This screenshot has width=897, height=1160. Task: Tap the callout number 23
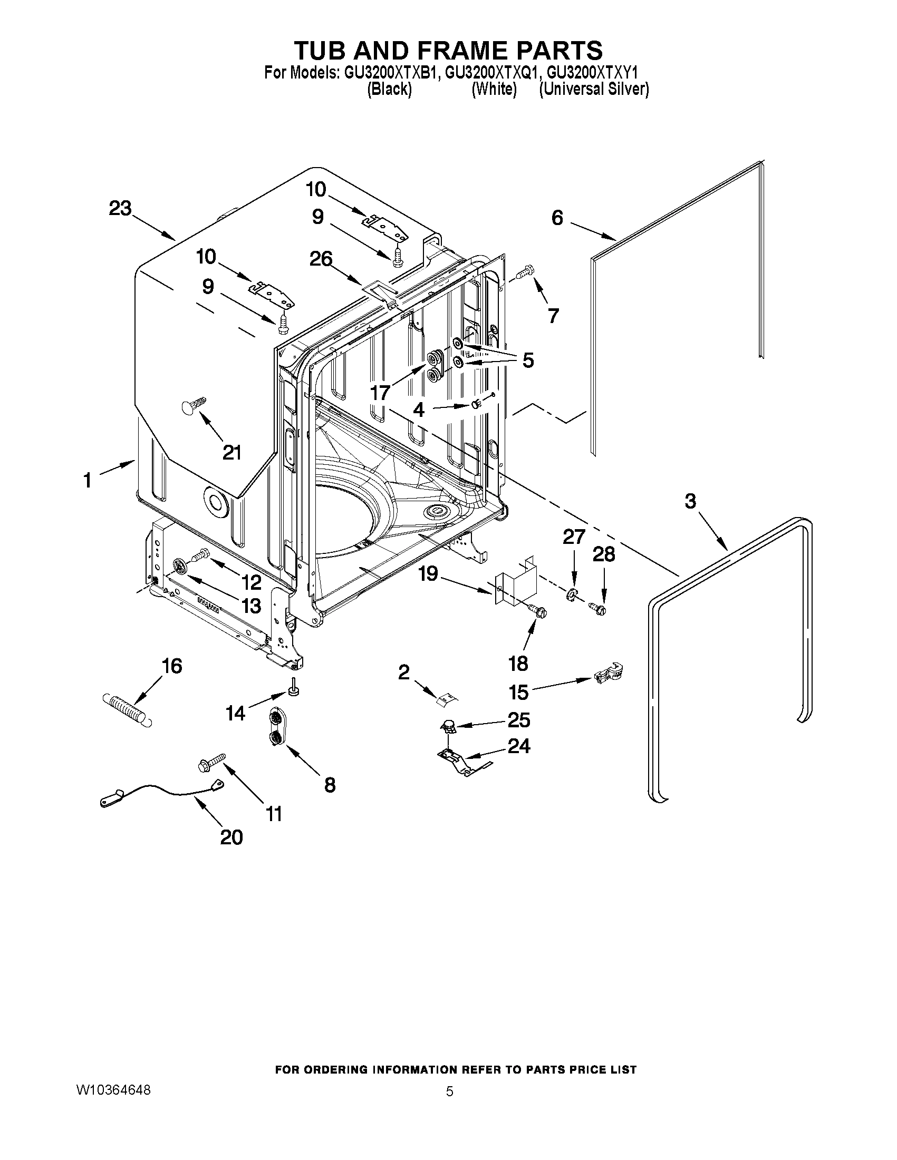120,209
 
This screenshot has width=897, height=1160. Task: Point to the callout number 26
321,259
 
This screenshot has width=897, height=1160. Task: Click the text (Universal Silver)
594,89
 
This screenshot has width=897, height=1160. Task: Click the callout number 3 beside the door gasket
690,501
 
